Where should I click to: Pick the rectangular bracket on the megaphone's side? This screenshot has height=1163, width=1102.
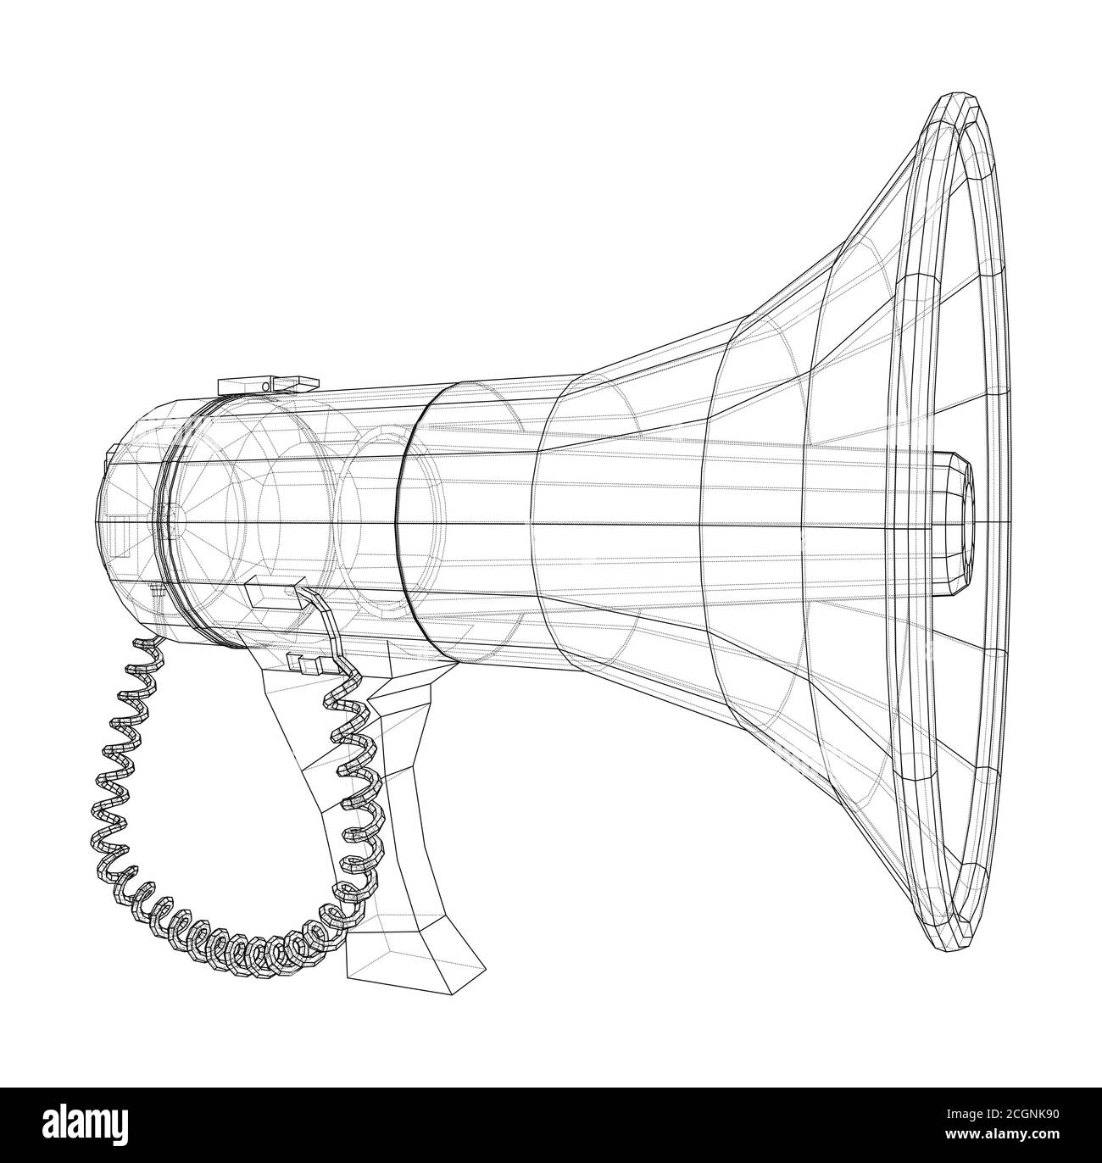coord(273,583)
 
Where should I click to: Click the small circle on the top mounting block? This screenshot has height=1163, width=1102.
coord(265,386)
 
